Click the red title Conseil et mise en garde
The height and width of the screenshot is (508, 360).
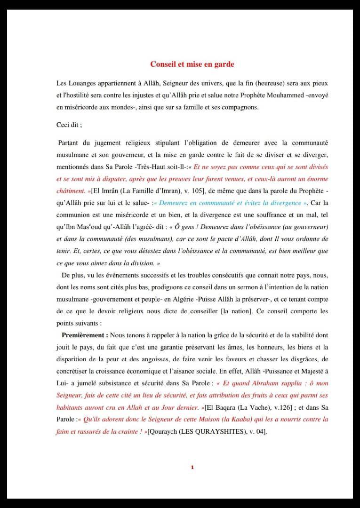point(192,63)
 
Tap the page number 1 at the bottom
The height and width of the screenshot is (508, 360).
point(192,467)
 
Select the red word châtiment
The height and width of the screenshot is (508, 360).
point(71,191)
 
